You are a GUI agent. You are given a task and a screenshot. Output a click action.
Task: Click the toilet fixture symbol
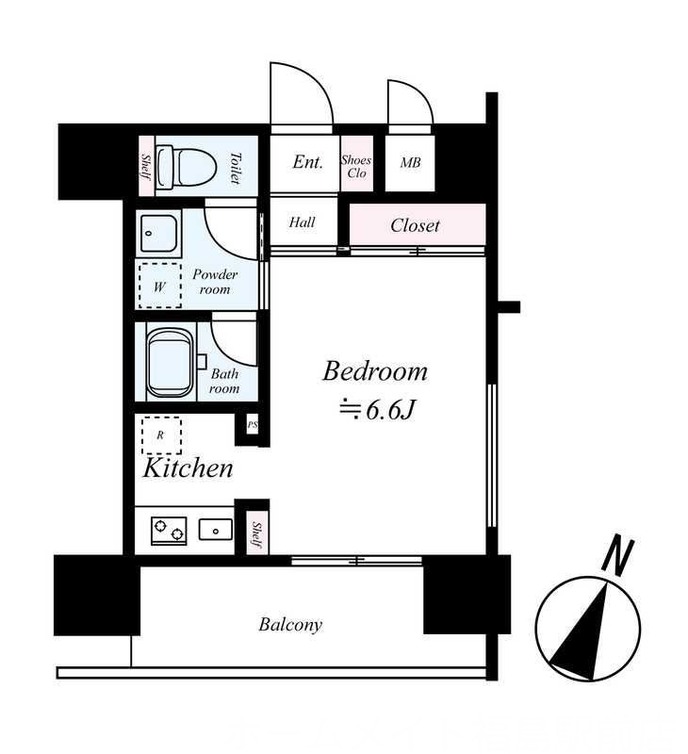coord(176,168)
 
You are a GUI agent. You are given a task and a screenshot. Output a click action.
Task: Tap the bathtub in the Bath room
coord(171,363)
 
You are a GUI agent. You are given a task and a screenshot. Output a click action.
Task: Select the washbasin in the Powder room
coord(159,233)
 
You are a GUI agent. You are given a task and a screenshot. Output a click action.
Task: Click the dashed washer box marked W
coord(160,286)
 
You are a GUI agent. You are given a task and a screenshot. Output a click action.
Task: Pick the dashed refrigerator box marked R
coord(161,435)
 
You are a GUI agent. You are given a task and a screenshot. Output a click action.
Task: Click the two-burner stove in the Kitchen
coord(169,531)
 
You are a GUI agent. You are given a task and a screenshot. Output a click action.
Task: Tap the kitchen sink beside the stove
coord(216,530)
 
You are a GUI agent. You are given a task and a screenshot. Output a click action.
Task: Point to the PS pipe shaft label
coord(253,425)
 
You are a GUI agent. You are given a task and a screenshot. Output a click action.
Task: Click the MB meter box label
coord(410,163)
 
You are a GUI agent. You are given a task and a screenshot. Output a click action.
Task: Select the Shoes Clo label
coord(356,167)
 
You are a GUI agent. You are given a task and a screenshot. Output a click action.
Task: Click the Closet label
coord(415,225)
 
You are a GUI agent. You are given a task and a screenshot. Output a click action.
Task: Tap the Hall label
coord(302,222)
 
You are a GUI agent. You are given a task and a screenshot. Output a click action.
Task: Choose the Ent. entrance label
coord(307,162)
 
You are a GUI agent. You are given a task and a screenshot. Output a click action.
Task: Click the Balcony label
coord(290,625)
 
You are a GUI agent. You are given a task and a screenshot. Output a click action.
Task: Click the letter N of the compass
coord(618,557)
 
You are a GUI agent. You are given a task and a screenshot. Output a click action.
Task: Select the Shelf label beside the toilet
coord(146,166)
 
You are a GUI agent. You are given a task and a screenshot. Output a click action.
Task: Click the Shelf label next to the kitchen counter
coord(256,535)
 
